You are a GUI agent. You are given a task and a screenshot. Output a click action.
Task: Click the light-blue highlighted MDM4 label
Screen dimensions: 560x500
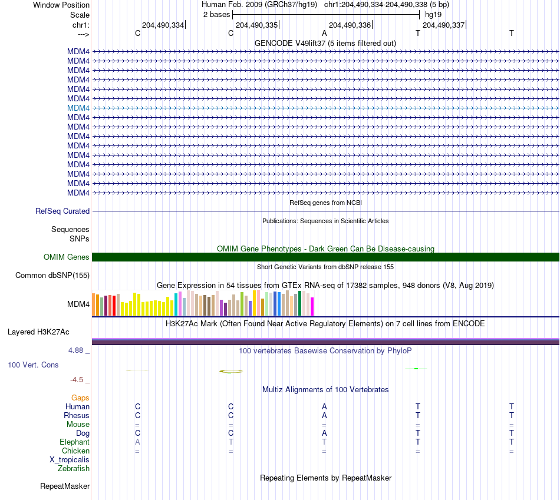(78, 108)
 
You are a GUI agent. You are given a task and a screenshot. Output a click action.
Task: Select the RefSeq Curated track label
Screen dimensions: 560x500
(62, 211)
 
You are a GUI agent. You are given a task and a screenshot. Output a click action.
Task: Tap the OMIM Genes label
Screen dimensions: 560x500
(67, 257)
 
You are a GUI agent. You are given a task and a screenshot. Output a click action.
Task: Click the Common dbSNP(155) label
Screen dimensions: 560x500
(52, 275)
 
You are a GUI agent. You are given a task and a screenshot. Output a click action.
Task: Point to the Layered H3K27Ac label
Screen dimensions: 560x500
(38, 332)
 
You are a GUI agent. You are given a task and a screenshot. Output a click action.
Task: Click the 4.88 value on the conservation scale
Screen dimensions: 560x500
(75, 350)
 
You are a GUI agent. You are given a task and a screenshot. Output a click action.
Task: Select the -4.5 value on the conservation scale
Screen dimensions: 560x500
(77, 380)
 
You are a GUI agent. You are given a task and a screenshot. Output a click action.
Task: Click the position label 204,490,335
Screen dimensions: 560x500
(256, 25)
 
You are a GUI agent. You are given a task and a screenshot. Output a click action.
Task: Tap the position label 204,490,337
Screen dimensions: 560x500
(443, 25)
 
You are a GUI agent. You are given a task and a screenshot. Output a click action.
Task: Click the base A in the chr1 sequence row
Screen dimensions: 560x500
(324, 33)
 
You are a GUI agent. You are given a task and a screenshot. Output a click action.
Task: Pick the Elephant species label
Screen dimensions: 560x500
(75, 442)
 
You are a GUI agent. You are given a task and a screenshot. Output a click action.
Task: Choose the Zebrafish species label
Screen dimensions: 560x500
(74, 468)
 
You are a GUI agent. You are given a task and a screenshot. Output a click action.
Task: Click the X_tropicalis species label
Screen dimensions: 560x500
(70, 460)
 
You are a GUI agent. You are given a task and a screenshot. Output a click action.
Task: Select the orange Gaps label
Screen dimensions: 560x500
(80, 398)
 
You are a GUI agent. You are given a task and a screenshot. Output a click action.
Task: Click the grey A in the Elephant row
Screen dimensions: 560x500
(137, 442)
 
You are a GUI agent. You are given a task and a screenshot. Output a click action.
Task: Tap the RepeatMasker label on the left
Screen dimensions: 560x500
(65, 486)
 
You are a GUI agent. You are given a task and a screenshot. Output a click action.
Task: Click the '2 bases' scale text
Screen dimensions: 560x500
(217, 15)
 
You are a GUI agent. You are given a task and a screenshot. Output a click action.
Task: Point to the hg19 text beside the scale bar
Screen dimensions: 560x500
(433, 15)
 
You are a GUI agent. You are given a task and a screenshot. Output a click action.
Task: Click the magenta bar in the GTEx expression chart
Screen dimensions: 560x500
(312, 307)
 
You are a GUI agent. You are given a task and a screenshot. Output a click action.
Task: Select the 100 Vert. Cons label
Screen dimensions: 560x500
(33, 365)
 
